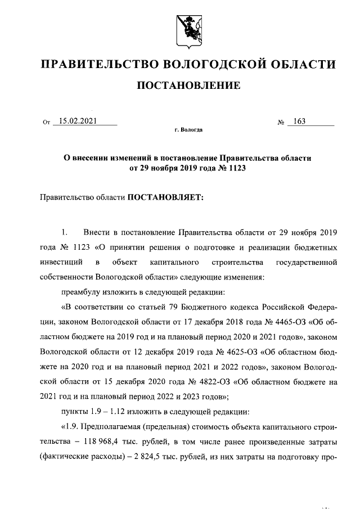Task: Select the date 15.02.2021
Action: (x=80, y=120)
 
